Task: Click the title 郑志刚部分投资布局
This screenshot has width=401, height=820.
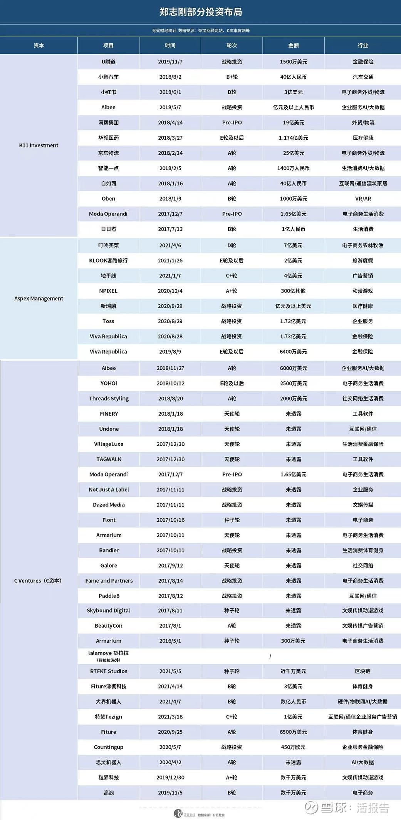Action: click(x=201, y=12)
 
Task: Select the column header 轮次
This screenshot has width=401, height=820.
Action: click(x=232, y=45)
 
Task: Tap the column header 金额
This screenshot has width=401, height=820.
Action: click(x=293, y=45)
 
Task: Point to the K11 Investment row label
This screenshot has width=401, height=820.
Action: click(x=39, y=145)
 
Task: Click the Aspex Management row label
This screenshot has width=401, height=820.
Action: click(x=39, y=299)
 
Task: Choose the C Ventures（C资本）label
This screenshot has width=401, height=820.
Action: click(x=38, y=581)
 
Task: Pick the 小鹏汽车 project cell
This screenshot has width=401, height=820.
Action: click(x=108, y=77)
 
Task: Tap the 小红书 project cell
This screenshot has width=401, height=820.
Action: click(x=108, y=92)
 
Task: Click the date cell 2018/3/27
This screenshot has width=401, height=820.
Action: click(x=170, y=138)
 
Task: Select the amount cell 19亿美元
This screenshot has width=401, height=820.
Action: click(x=293, y=123)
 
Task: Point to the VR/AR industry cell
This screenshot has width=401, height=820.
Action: click(x=363, y=199)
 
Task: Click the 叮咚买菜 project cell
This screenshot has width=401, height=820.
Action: click(x=108, y=245)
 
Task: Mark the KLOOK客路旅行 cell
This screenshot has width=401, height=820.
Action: click(x=108, y=261)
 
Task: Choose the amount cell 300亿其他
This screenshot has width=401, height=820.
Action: click(x=293, y=291)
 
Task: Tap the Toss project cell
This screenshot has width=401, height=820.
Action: click(x=108, y=321)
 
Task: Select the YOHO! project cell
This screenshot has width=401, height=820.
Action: click(x=109, y=383)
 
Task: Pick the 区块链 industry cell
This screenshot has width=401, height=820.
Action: click(x=362, y=671)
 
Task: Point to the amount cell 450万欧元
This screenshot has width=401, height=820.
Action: click(x=293, y=747)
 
